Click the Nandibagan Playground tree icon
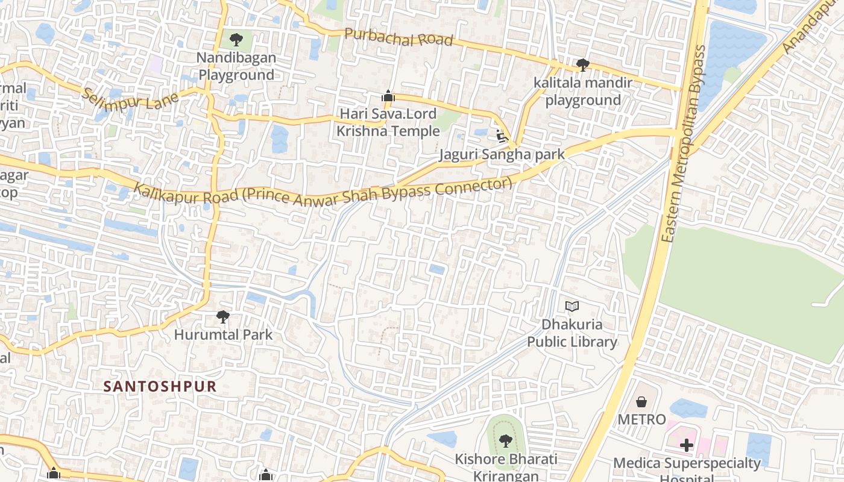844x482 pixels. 236,40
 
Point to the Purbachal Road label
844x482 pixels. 398,37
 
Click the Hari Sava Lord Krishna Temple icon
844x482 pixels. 388,96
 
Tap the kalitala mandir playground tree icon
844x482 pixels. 582,64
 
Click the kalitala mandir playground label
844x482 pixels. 582,92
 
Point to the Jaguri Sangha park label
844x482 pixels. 502,154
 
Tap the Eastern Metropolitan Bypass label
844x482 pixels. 683,145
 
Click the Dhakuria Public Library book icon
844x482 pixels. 572,307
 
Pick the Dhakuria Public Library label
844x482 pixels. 572,333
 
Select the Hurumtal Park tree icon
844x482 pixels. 223,316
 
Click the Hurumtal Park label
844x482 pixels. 223,334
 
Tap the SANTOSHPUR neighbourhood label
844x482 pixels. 160,386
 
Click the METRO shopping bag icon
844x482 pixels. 641,401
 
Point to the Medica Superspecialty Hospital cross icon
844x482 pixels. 687,445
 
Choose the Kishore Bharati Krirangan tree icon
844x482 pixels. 506,441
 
